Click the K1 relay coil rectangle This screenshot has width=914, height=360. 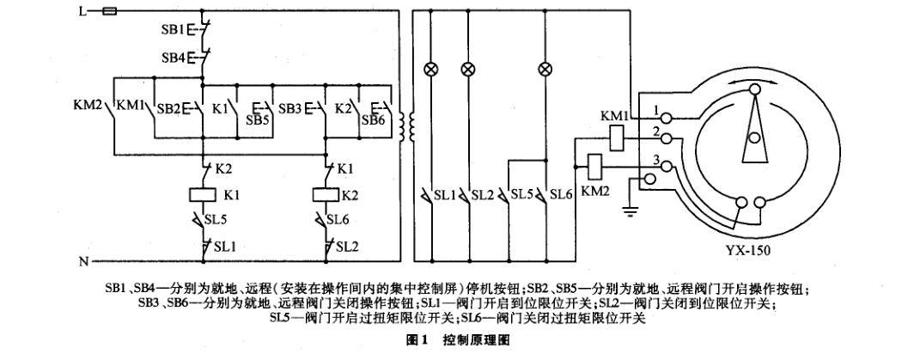204,193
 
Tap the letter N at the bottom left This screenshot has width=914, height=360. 82,259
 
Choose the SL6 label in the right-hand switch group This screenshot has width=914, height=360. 561,195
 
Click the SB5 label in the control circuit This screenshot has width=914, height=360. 260,121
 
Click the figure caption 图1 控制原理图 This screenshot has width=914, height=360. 458,340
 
